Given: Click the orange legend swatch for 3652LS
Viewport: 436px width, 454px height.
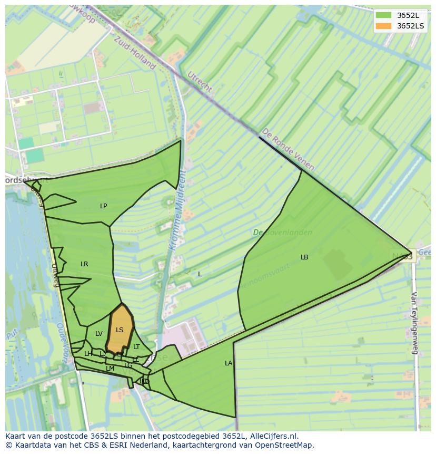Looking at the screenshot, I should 384,26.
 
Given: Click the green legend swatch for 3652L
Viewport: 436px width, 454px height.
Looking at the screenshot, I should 384,15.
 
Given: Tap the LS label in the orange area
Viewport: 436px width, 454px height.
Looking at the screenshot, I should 120,330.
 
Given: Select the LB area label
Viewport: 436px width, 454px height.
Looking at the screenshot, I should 304,257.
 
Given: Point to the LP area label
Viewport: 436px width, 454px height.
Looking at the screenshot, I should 104,206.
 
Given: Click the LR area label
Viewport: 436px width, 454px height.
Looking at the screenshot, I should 84,264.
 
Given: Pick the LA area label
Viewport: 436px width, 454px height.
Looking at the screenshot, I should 229,363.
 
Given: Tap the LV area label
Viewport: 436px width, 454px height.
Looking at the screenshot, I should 99,334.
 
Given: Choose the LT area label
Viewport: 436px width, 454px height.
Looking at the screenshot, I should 136,347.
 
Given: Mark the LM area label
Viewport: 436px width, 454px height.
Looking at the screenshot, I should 110,369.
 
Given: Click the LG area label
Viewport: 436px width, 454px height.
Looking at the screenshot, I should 128,365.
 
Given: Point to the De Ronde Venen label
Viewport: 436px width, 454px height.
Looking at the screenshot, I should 288,149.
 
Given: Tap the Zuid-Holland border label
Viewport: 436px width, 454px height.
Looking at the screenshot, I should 135,52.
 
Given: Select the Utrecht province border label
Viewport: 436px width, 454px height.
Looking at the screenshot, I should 200,81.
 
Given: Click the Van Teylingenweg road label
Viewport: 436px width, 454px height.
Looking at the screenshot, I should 414,322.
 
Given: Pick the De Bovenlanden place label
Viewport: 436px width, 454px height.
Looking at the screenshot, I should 282,233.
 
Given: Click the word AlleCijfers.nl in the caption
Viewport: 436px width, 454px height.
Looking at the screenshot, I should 274,436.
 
